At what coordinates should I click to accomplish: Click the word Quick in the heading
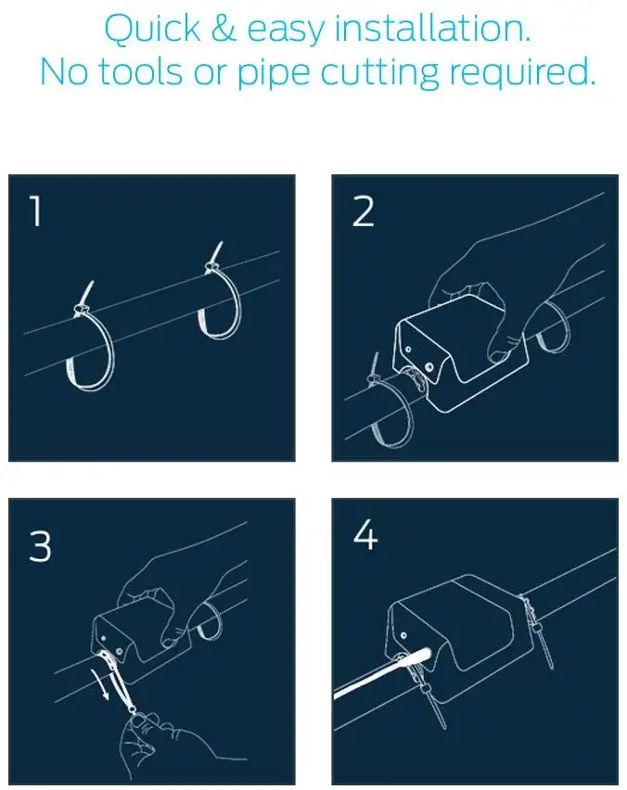point(152,30)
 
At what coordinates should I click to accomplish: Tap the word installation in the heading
point(432,28)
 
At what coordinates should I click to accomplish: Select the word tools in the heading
point(140,71)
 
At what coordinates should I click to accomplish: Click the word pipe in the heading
point(274,75)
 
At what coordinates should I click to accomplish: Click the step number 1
point(35,211)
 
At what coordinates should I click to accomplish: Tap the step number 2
point(363,211)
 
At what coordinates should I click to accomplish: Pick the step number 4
point(365,535)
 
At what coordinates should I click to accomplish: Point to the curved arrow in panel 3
point(101,682)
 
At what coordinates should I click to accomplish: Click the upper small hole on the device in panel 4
point(403,635)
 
